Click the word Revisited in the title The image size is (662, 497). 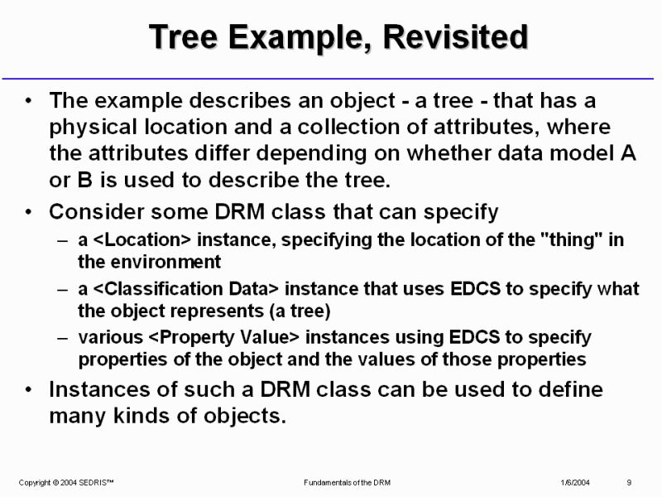455,36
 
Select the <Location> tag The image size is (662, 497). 142,239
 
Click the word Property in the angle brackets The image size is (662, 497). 196,338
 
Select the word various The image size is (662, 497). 111,338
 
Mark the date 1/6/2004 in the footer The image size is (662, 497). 575,483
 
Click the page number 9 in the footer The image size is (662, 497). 629,483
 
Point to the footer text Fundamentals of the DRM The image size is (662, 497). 347,483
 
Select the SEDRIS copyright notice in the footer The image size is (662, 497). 66,483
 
